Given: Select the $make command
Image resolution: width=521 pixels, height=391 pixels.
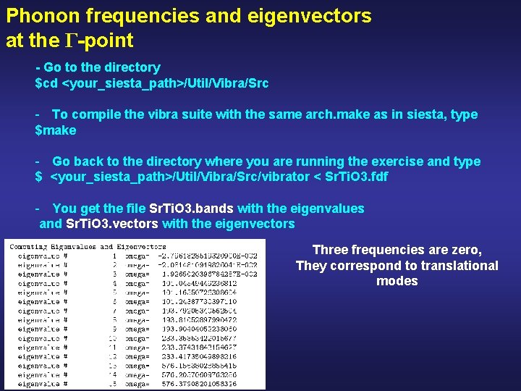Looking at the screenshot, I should point(56,130).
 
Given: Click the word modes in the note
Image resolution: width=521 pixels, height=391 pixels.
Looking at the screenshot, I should point(397,281).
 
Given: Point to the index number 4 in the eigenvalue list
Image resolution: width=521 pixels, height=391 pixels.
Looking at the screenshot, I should point(114,283).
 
